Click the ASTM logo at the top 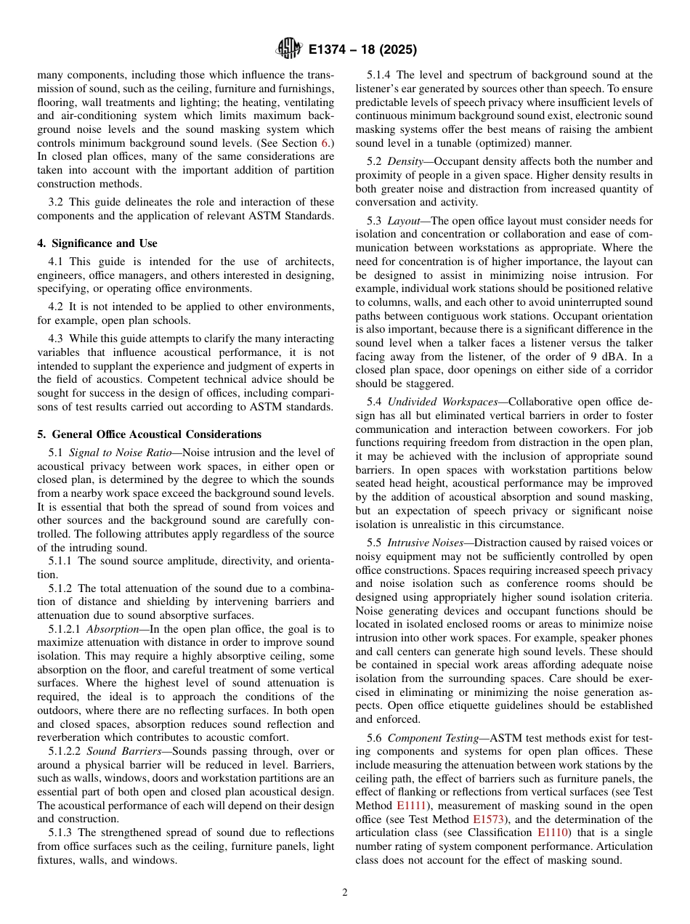coord(288,49)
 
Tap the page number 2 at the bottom coord(345,893)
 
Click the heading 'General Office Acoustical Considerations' coord(155,434)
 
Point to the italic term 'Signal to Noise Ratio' coord(119,453)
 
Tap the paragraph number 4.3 coord(58,339)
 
